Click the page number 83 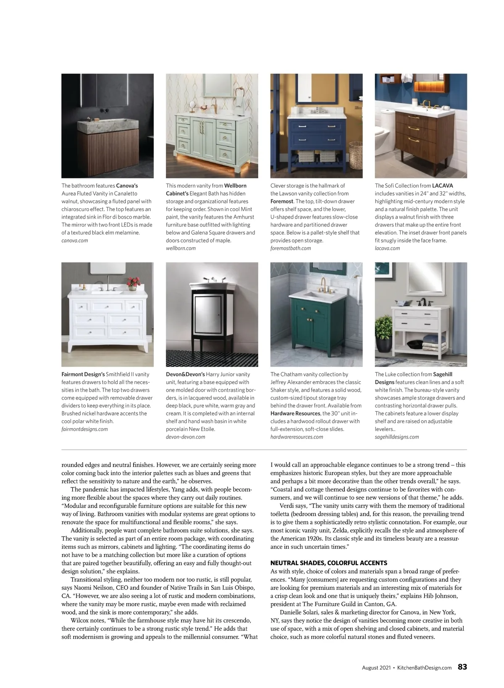click(462, 667)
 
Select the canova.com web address click(75, 241)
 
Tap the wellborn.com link click(181, 249)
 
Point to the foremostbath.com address click(291, 249)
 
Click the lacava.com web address click(387, 249)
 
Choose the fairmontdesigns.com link click(84, 429)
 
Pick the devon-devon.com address click(186, 437)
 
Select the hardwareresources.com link click(297, 437)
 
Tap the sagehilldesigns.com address click(396, 437)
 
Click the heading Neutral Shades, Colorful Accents click(328, 563)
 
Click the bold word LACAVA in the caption click(443, 186)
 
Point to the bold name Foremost click(281, 201)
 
